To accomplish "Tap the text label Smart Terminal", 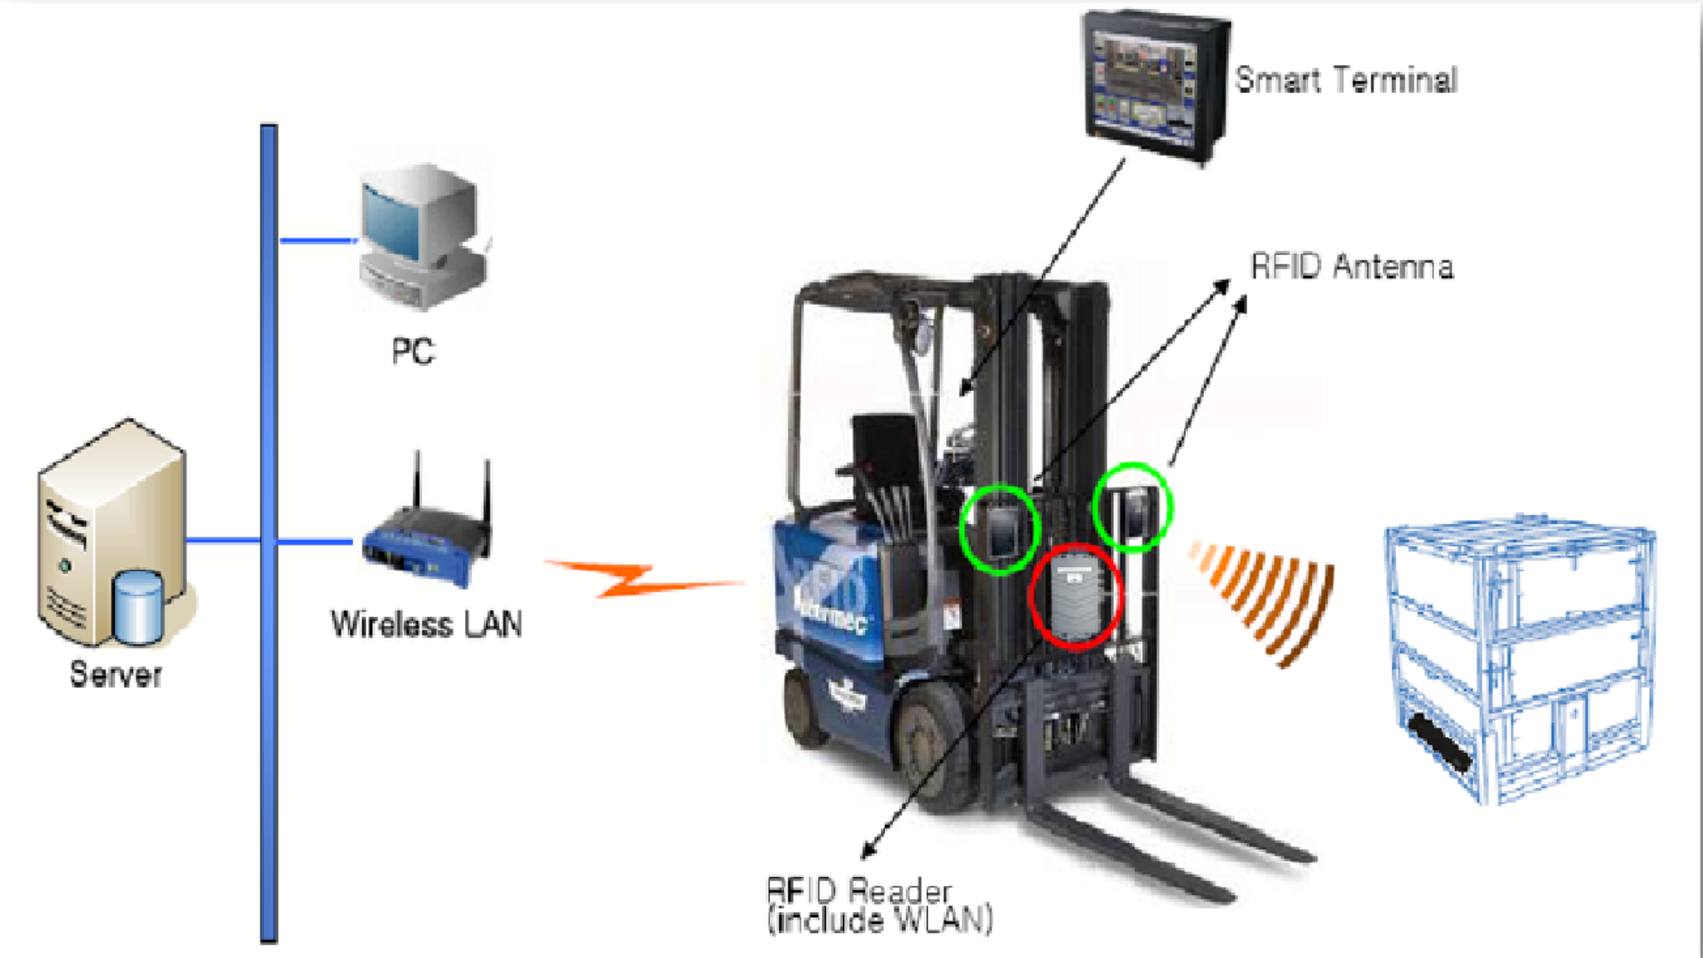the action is coord(1346,80).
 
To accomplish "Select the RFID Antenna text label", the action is coord(1352,266).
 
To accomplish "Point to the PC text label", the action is coord(412,352).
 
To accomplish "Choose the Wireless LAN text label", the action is coord(426,624).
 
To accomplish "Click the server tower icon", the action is coord(113,533).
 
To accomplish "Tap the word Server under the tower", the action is coord(115,675).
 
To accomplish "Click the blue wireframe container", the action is coord(1520,658).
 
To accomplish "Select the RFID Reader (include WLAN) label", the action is coord(879,906).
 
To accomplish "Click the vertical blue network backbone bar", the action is coord(268,533).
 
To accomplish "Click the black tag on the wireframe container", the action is coord(1442,742).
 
